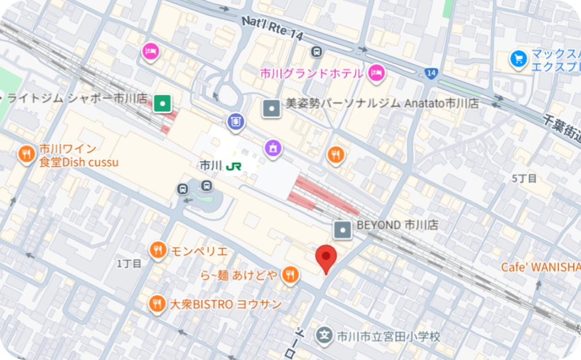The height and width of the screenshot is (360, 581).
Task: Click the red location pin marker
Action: (326, 258)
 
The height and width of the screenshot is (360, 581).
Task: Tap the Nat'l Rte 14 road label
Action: (273, 28)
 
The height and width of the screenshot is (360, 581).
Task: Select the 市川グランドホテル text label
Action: (311, 74)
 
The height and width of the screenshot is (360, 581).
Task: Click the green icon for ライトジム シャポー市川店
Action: (162, 103)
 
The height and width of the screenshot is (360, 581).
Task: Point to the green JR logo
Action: (233, 166)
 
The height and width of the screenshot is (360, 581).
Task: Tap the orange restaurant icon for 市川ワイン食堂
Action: (26, 154)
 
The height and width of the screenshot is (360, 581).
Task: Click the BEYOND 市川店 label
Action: (397, 225)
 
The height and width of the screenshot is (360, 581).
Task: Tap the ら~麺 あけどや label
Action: (239, 275)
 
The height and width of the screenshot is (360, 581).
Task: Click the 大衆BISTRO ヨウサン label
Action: (226, 304)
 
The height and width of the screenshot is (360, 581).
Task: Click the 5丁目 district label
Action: (524, 178)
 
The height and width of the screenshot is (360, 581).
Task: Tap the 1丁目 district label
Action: (129, 264)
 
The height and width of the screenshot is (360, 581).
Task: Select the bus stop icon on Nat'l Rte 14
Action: (317, 52)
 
